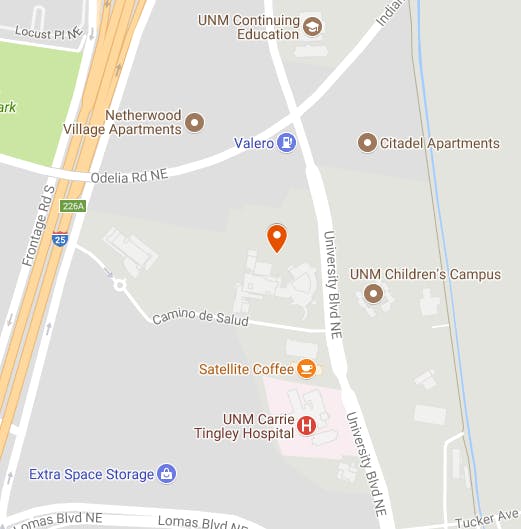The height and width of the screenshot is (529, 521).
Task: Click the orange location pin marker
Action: tap(277, 237)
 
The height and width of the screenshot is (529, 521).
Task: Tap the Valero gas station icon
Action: tap(288, 143)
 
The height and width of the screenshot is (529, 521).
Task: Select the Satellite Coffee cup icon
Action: tap(307, 369)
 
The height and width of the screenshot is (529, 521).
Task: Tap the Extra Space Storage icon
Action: tap(168, 474)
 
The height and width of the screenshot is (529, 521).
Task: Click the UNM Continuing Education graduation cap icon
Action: tap(312, 27)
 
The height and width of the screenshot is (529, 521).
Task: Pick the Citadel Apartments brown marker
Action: tap(367, 143)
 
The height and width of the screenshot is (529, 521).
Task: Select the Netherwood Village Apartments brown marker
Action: tap(195, 122)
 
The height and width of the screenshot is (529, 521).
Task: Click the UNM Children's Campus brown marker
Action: tap(374, 293)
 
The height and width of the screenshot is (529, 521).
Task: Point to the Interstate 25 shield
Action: tap(60, 239)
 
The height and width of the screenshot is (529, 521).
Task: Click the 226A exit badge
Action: tap(72, 206)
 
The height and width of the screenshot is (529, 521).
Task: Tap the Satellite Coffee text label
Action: tap(246, 369)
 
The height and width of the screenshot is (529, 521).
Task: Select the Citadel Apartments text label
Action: tap(439, 143)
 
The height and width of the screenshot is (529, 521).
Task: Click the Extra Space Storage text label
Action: tap(92, 474)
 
